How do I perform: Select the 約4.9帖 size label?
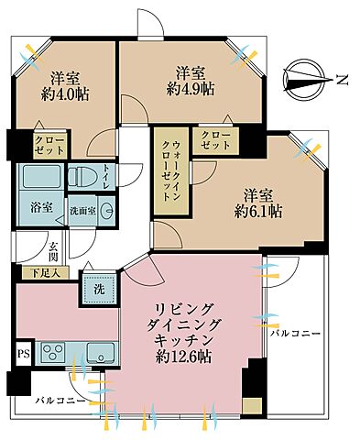click(x=189, y=88)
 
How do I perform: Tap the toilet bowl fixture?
click(x=85, y=176)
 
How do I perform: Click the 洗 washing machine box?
click(x=99, y=288)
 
